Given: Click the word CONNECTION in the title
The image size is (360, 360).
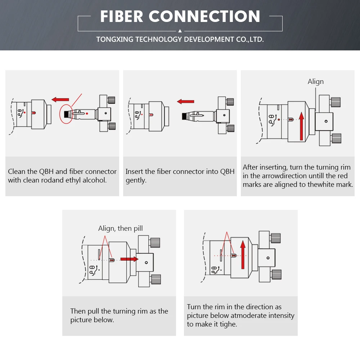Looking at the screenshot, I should point(204,17).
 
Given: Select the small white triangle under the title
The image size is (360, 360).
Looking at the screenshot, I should point(180,31).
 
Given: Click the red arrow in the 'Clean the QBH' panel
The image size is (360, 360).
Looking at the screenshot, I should point(60,99).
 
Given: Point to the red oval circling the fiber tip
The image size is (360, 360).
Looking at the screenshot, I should point(66,114).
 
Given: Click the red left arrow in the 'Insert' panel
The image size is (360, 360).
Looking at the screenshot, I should point(185,102).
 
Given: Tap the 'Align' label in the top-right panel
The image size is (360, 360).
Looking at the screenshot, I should point(315,82).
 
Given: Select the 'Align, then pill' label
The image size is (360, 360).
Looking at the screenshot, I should point(120,228).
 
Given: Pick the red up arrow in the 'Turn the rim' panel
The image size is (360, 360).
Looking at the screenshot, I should point(243,255).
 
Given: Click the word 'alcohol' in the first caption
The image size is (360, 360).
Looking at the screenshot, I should point(95,180).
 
